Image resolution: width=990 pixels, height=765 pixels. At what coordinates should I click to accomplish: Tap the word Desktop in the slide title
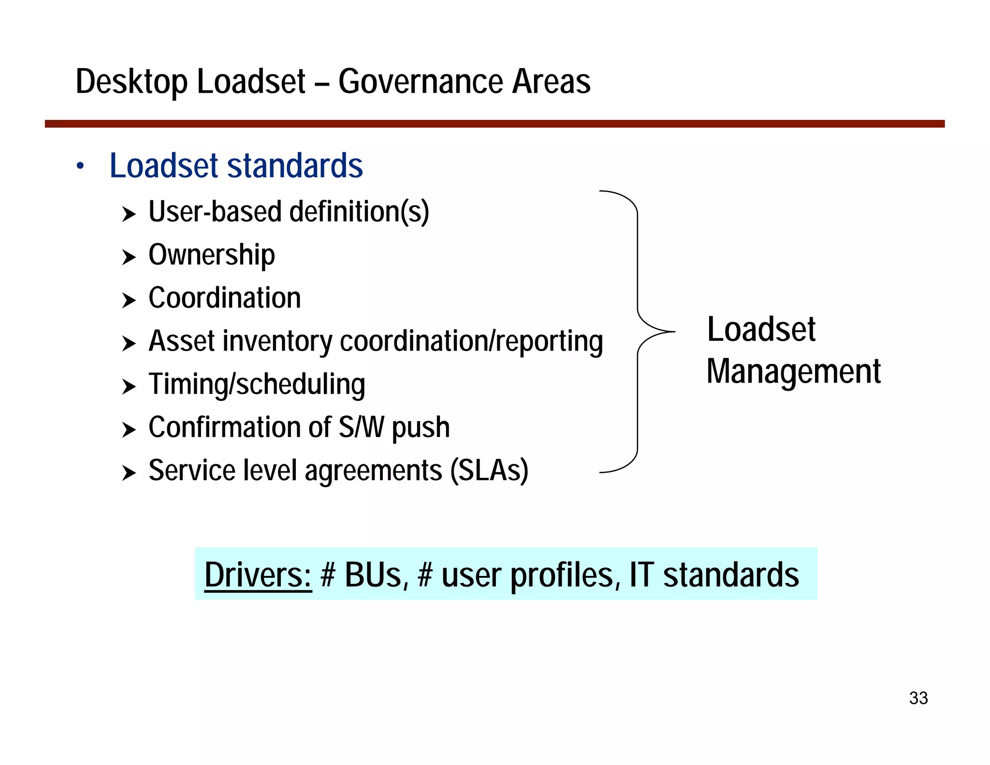[x=131, y=82]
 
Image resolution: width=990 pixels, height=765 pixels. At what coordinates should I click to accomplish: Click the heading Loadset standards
[x=236, y=165]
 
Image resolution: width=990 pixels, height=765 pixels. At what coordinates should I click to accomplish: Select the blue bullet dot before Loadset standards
[x=80, y=166]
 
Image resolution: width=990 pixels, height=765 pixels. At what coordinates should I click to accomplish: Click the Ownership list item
[x=211, y=255]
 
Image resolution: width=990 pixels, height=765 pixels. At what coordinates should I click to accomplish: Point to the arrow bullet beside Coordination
[x=129, y=300]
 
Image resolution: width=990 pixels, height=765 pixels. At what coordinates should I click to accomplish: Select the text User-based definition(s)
[x=289, y=212]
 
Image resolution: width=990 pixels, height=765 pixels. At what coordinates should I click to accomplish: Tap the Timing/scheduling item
[x=257, y=384]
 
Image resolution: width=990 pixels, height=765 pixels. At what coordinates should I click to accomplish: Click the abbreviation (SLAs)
[x=489, y=471]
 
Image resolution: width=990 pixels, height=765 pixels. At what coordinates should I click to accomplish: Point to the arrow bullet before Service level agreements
[x=129, y=472]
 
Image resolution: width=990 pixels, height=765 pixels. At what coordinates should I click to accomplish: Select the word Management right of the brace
[x=793, y=372]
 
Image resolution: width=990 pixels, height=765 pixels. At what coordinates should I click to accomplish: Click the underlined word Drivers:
[x=258, y=575]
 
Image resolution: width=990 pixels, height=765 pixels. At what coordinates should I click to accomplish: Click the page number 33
[x=918, y=698]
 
